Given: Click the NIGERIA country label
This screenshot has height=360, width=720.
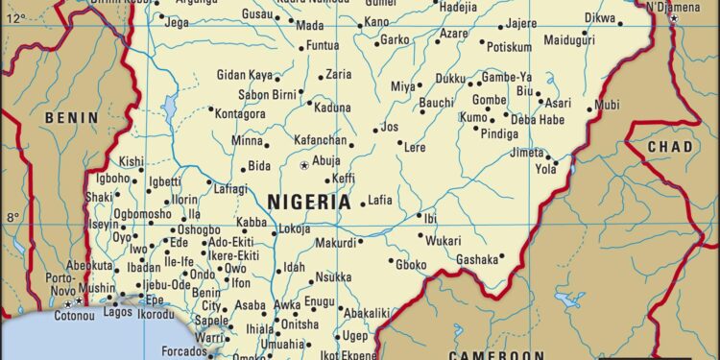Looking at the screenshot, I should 309,202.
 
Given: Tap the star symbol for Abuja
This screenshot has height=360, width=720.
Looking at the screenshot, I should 305,166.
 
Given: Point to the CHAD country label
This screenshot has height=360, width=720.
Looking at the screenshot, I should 669,146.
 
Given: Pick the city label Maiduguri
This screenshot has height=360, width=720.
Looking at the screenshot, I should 569,40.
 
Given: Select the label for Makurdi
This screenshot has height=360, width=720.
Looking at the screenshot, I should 336,243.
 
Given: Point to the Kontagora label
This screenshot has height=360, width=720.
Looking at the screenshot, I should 240,113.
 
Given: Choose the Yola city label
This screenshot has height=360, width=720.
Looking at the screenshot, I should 545,169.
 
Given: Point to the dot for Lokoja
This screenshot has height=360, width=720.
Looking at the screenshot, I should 275,230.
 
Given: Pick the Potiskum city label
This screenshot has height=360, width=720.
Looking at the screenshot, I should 509,46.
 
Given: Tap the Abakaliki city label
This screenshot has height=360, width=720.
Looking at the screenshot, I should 366,312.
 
